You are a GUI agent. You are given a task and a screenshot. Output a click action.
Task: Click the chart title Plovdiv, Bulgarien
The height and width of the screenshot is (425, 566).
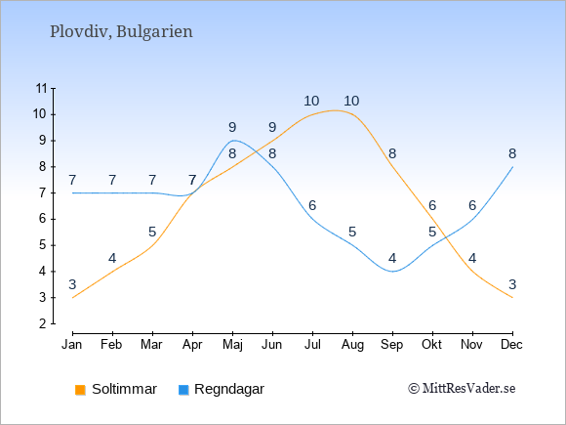[x=121, y=32]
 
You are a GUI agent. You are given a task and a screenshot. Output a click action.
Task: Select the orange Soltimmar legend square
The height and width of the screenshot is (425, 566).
[x=80, y=390]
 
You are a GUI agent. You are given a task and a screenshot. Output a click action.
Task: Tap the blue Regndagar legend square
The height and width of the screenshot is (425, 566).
[x=183, y=390]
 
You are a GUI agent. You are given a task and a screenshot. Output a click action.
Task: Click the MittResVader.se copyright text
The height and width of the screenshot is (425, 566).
[x=462, y=389]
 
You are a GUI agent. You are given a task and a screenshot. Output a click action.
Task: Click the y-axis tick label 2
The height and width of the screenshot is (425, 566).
[x=43, y=323]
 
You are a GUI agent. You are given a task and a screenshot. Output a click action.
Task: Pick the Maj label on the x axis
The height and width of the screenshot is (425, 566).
[x=232, y=345]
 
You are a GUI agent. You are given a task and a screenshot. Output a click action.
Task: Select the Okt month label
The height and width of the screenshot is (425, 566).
[x=431, y=345]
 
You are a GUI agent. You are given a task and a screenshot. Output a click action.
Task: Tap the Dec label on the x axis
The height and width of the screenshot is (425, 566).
[x=511, y=345]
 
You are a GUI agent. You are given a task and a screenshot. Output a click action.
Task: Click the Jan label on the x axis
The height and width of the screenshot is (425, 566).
[x=72, y=345]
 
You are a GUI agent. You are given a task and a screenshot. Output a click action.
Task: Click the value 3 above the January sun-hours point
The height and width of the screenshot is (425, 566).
[x=72, y=284]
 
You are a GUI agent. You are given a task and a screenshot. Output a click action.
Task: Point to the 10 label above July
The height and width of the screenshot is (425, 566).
[x=311, y=102]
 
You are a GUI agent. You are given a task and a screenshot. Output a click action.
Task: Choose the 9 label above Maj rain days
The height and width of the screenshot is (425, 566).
[x=232, y=127]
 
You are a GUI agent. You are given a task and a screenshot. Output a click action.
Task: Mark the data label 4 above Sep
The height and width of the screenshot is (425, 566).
[x=392, y=258]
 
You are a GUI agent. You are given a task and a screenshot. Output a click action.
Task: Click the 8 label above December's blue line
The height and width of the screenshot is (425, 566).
[x=512, y=154]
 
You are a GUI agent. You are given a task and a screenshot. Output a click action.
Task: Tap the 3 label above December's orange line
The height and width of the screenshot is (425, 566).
[x=512, y=284]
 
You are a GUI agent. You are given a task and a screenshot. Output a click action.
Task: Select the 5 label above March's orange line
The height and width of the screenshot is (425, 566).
[x=152, y=232]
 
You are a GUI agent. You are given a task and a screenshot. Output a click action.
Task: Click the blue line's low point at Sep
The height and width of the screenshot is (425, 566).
[x=392, y=272]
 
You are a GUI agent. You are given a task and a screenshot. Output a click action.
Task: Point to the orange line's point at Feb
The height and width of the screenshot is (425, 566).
[x=112, y=272]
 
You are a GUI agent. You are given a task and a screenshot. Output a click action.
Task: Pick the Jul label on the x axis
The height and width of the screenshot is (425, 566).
[x=312, y=345]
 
